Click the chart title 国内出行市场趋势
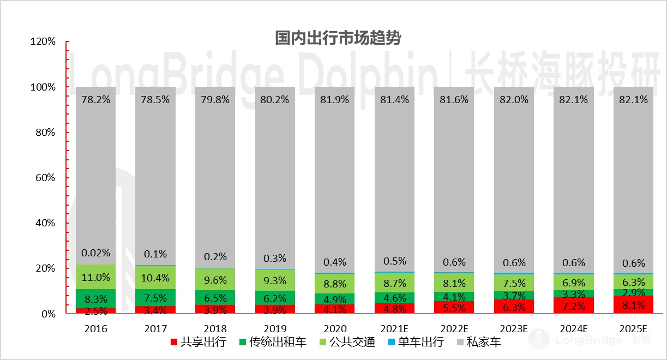(338, 39)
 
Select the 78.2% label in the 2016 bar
(96, 100)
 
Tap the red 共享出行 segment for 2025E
(634, 304)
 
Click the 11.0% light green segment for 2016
(96, 277)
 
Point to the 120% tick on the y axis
(43, 41)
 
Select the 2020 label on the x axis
(335, 329)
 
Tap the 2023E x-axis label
(514, 329)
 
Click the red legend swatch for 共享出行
(174, 343)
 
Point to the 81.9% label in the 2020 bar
(335, 100)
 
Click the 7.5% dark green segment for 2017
(155, 297)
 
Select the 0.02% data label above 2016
(96, 253)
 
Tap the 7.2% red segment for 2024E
(574, 305)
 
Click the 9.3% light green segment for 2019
(275, 280)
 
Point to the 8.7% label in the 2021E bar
(394, 283)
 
